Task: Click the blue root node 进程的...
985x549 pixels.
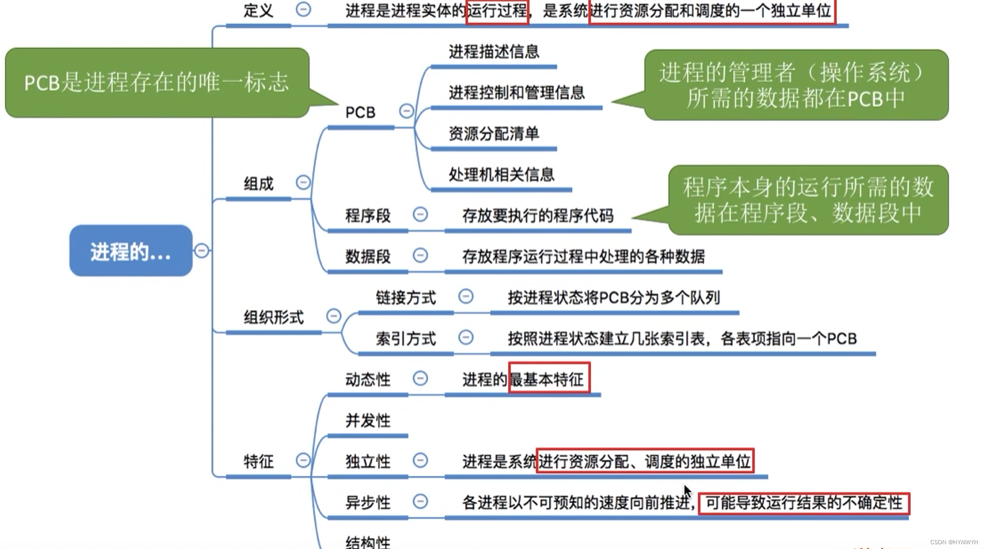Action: click(131, 251)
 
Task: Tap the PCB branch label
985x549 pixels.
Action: click(360, 113)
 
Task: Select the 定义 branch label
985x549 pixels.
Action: click(258, 10)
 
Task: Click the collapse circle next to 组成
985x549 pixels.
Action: click(303, 183)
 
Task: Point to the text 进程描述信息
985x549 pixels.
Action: click(494, 52)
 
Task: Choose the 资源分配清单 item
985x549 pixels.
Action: click(494, 134)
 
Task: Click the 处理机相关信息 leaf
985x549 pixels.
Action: click(501, 175)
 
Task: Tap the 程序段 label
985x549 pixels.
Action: click(368, 216)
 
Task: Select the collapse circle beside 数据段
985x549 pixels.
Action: click(420, 256)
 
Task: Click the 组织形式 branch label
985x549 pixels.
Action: click(274, 318)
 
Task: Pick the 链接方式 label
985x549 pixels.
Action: click(406, 298)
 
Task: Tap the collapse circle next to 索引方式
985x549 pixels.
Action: click(466, 337)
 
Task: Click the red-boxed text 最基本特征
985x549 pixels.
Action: click(549, 379)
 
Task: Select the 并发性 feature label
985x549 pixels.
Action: click(368, 421)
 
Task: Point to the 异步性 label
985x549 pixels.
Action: click(368, 502)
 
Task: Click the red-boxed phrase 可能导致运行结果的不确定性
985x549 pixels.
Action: click(803, 503)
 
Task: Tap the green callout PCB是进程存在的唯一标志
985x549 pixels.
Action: click(157, 83)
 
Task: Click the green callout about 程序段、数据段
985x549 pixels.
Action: click(808, 200)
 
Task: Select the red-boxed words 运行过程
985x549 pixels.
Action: click(497, 10)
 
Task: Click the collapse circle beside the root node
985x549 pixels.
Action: click(201, 250)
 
